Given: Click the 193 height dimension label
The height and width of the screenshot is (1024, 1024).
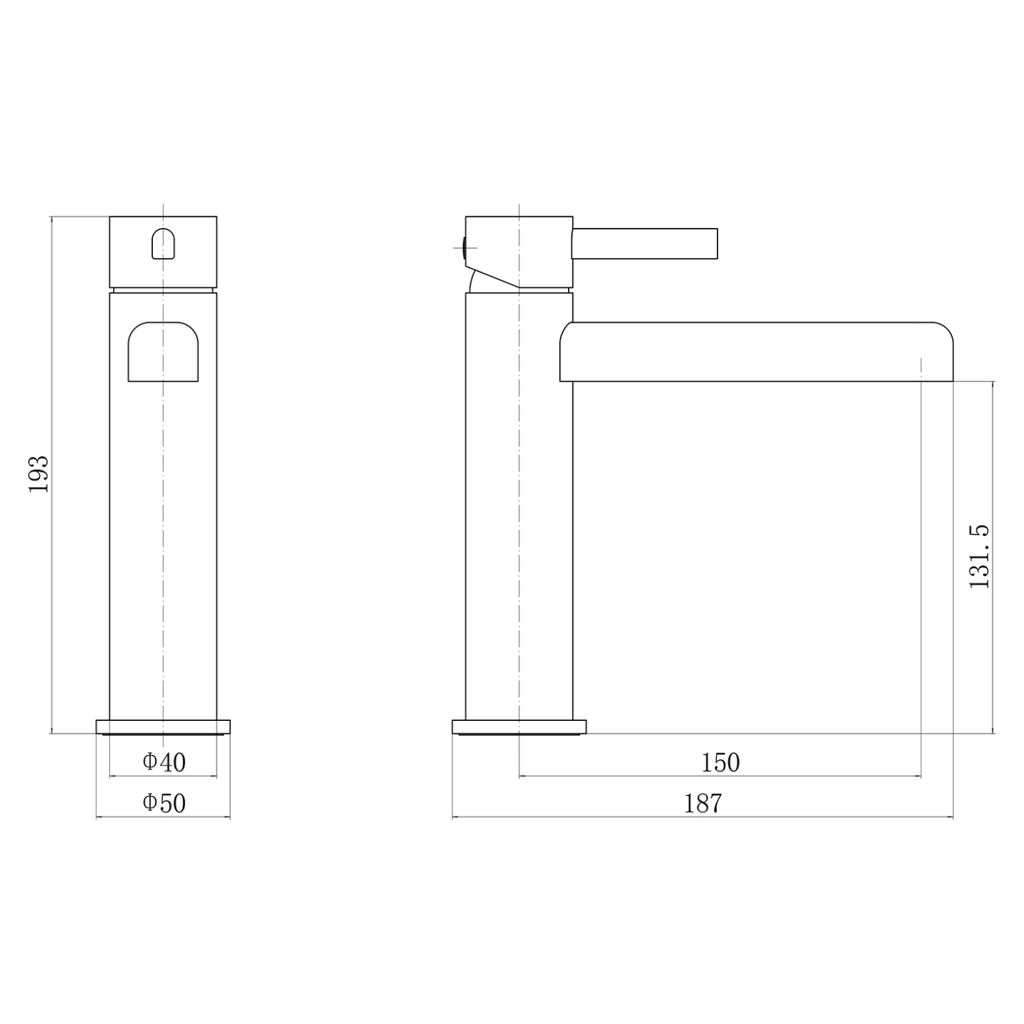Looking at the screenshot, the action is coord(39,474).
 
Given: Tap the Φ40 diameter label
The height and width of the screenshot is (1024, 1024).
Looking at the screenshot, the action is coord(164,762).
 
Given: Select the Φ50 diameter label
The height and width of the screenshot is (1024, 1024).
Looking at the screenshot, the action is coord(164,803).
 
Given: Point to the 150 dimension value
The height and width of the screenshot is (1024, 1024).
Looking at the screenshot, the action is coord(721,762).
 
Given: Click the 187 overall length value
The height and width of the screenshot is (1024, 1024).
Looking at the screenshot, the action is coord(703,803).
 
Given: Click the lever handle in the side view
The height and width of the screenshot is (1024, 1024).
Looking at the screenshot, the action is coord(644,244).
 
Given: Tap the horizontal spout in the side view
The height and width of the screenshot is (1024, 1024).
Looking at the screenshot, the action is coord(756,352).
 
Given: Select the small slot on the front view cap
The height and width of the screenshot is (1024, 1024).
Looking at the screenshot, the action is coord(163,244).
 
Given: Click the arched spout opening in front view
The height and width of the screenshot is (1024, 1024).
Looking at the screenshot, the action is coord(163,352).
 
